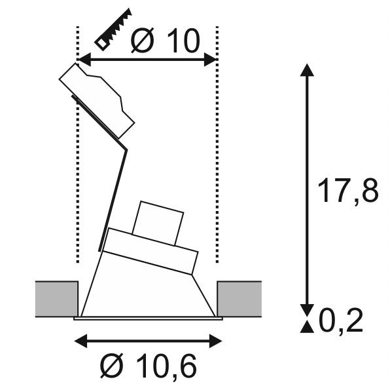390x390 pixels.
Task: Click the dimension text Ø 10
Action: (x=164, y=41)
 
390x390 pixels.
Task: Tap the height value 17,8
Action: (x=347, y=192)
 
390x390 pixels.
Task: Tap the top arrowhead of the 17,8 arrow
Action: (x=305, y=69)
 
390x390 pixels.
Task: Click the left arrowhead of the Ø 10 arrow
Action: (x=83, y=60)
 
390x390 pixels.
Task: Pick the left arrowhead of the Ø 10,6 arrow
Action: (x=79, y=341)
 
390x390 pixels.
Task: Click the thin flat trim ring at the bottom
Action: (x=148, y=319)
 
